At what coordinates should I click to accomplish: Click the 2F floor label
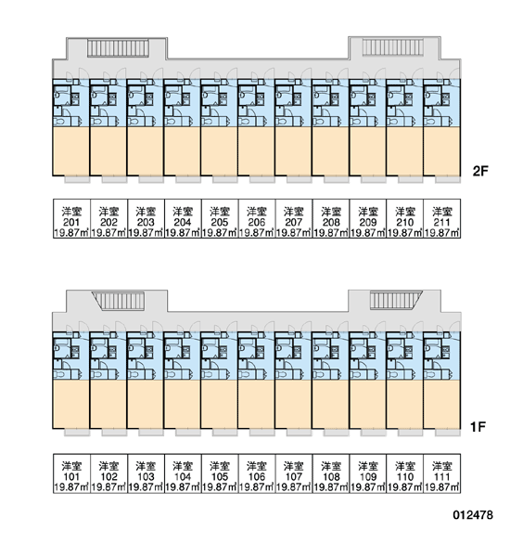(x=480, y=171)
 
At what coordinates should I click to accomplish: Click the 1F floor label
(x=478, y=426)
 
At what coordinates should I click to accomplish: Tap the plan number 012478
(x=473, y=514)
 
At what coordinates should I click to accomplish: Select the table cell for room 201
(x=71, y=218)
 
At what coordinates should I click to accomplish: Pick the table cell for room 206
(x=257, y=218)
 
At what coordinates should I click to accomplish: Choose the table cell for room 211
(x=442, y=218)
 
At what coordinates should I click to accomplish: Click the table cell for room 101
(x=71, y=473)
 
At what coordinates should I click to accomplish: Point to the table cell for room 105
(x=220, y=473)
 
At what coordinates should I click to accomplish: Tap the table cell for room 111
(x=442, y=473)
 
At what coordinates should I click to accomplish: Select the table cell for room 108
(x=331, y=473)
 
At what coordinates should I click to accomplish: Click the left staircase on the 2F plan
(x=118, y=48)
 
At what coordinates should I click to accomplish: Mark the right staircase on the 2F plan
(x=393, y=47)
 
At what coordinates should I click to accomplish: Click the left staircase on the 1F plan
(x=118, y=301)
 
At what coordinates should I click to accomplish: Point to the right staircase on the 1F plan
(x=396, y=300)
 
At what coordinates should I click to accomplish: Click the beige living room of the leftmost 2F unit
(x=71, y=151)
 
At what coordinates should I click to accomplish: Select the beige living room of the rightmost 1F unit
(x=441, y=404)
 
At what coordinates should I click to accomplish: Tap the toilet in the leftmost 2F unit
(x=59, y=122)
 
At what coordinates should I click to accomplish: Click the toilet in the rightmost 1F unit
(x=429, y=375)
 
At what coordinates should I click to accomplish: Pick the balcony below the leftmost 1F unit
(x=77, y=433)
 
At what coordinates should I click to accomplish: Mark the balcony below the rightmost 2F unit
(x=448, y=179)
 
